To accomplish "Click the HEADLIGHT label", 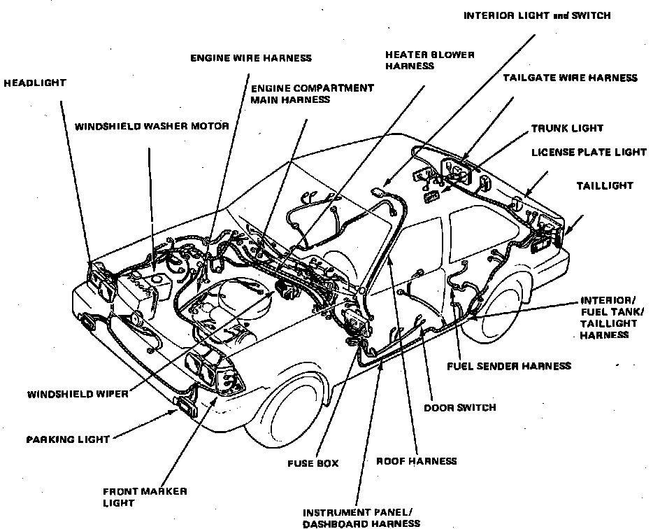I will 35,83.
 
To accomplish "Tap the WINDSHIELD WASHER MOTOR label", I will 152,126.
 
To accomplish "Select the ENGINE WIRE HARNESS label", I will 251,58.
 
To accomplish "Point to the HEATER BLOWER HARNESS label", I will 429,60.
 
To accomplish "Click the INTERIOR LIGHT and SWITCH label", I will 537,16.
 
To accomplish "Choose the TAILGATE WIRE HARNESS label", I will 570,78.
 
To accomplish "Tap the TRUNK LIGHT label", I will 567,129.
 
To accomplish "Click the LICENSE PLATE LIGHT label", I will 589,152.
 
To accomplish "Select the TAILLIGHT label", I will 604,186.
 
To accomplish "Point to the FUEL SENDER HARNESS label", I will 509,365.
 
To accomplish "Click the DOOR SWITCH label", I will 459,407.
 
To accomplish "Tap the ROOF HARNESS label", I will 416,460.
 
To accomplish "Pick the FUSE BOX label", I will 313,463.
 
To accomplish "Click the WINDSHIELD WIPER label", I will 78,394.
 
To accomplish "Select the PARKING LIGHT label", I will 68,439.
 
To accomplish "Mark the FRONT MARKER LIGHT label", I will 145,497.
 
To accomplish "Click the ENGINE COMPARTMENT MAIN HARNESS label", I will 312,94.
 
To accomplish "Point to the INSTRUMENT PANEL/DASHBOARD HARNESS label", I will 361,517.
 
